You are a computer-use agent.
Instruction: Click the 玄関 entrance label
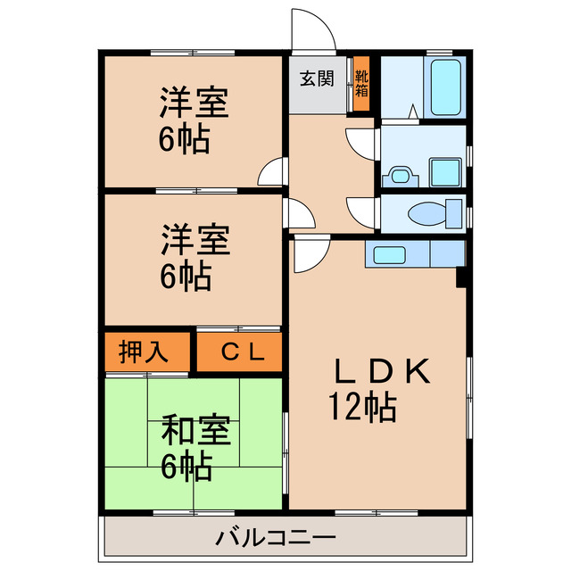pos(317,79)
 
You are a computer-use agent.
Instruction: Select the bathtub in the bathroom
pos(443,88)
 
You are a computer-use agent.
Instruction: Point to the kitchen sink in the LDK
pos(390,254)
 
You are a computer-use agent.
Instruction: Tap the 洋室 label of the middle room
pos(194,240)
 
